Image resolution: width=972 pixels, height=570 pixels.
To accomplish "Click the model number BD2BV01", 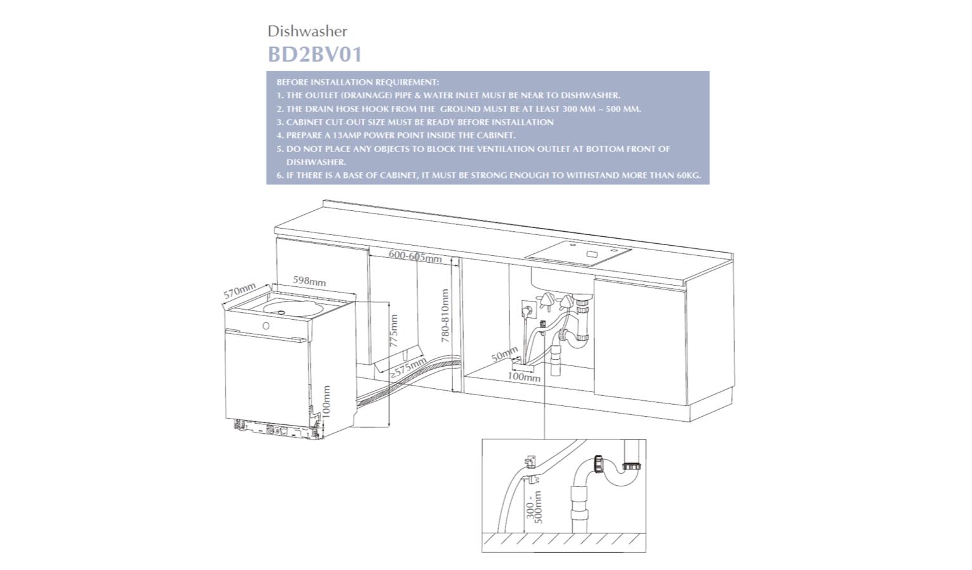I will click(x=315, y=54).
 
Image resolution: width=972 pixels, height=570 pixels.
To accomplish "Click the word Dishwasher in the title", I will click(x=307, y=31).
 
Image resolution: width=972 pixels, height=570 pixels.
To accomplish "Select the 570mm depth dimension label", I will click(x=240, y=291).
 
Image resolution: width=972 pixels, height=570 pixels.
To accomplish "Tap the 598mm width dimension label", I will click(x=309, y=281).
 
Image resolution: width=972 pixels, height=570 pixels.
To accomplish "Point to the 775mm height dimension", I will click(x=393, y=331).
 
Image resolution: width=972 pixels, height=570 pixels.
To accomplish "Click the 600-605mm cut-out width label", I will click(x=415, y=256).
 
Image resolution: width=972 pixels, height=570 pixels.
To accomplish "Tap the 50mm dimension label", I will click(x=504, y=355).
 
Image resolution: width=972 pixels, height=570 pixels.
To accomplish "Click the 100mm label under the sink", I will click(x=524, y=377).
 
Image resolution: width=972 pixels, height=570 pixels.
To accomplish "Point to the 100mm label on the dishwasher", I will click(x=326, y=401).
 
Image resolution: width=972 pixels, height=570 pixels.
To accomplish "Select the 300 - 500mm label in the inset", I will click(x=535, y=507).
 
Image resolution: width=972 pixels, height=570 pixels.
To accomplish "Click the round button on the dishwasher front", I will click(x=265, y=326).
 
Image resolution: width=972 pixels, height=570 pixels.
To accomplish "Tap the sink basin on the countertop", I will click(x=578, y=253).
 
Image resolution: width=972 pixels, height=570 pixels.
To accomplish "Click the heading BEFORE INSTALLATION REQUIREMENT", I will click(x=357, y=82).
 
